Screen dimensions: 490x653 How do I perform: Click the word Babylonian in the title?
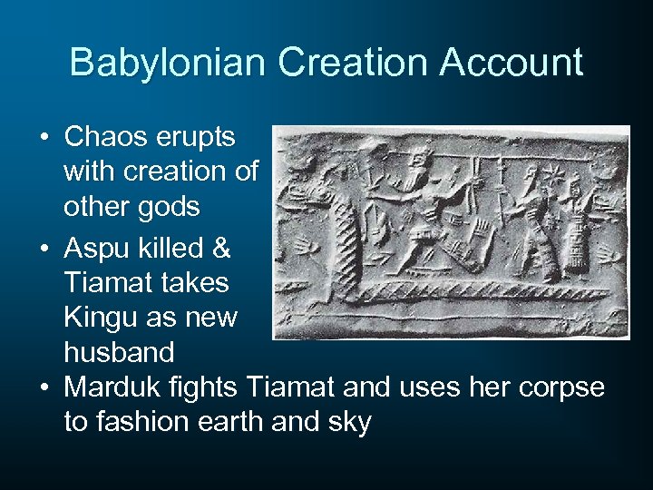pyautogui.click(x=167, y=63)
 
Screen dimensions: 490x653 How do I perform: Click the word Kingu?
pyautogui.click(x=105, y=318)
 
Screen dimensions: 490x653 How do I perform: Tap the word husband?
pyautogui.click(x=121, y=352)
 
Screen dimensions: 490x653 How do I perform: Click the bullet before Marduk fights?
pyautogui.click(x=44, y=387)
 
